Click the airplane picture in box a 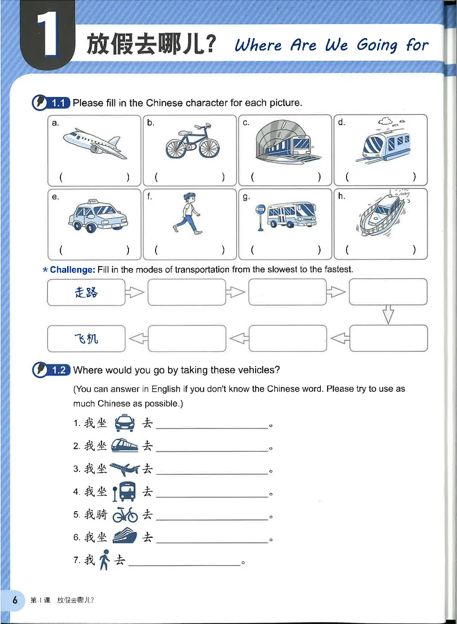(95, 143)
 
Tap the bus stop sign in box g (260, 217)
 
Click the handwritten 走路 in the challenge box (86, 292)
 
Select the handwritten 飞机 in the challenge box (86, 338)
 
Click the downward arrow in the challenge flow (388, 315)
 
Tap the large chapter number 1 (48, 34)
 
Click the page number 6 (15, 600)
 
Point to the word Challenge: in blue (72, 270)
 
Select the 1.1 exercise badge (58, 103)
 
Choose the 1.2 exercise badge (59, 370)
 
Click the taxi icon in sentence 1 (125, 423)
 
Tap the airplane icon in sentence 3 (125, 469)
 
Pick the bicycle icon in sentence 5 (125, 515)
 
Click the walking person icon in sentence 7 (105, 560)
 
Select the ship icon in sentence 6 (125, 537)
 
